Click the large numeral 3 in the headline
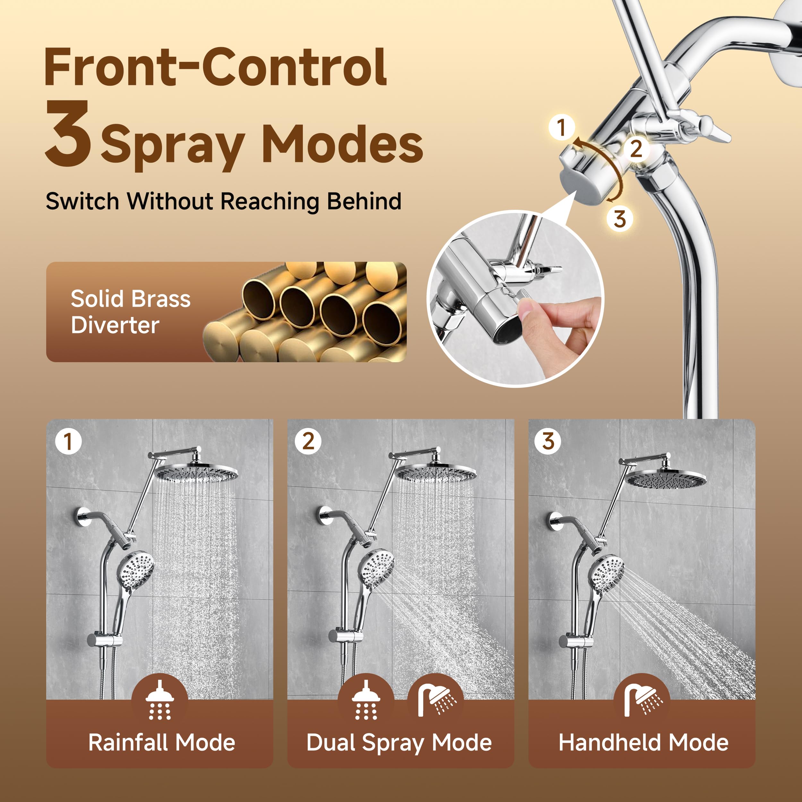68,134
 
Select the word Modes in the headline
343,144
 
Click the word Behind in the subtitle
364,201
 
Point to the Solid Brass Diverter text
130,312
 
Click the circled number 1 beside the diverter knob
561,127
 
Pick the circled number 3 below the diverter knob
619,218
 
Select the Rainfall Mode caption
161,743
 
